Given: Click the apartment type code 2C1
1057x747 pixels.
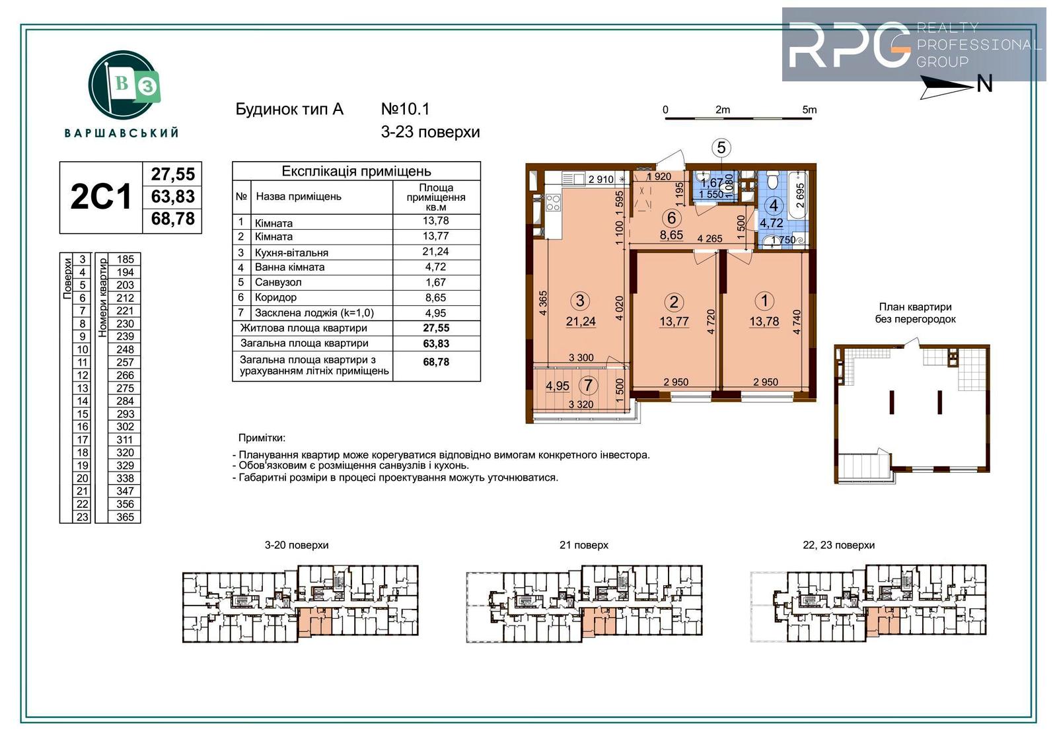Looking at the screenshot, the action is coord(100,197).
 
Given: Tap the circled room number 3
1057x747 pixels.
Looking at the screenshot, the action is coord(580,301).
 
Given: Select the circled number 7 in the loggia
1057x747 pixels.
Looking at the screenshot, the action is coord(588,386).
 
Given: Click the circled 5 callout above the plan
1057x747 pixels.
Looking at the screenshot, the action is coord(721,148).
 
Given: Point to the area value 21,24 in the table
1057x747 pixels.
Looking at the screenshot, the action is coord(435,252).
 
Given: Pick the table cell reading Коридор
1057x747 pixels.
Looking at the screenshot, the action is coord(275,297).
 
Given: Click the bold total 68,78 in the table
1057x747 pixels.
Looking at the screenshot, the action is coord(436,362).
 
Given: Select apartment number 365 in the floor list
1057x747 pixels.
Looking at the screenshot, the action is coord(125,516).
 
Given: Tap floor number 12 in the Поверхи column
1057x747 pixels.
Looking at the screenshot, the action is coord(83,375).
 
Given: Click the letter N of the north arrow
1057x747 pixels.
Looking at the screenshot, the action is coord(984,84).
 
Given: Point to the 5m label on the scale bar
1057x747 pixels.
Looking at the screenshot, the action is coord(809,110).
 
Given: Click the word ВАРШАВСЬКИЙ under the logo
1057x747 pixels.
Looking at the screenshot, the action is coord(122,133).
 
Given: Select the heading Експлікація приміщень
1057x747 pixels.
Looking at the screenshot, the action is coord(356,171).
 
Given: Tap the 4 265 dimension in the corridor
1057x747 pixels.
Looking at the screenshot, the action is coord(710,239).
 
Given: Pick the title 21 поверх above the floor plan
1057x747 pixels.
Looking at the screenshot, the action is coord(584,545).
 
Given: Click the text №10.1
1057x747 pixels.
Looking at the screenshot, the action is coord(406,109).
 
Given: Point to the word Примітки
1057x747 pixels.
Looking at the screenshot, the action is coord(262,438).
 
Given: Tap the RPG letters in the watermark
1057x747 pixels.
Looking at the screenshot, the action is coord(850,45).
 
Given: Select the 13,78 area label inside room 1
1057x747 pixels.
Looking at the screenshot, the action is coord(764,322).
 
